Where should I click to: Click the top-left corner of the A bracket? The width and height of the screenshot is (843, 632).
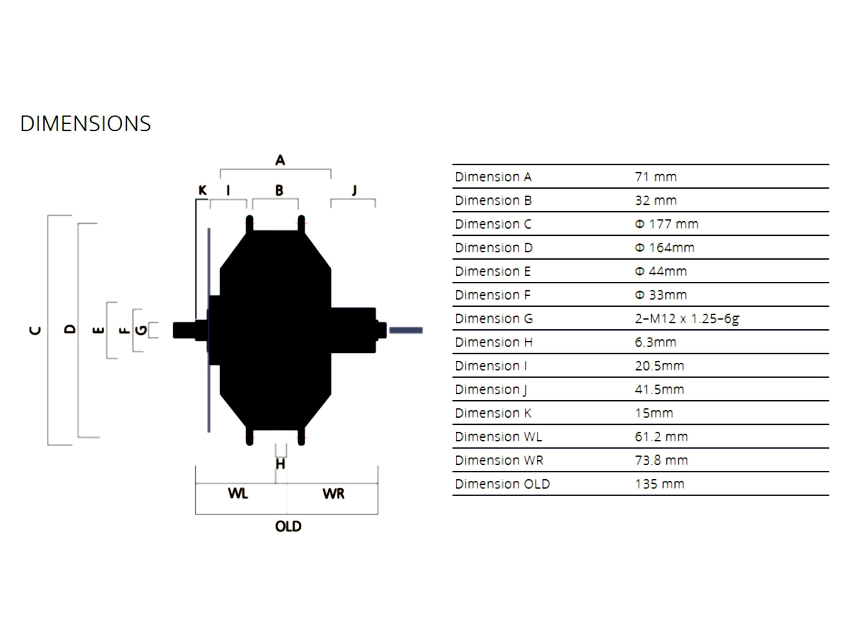220,169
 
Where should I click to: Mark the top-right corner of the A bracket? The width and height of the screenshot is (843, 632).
331,169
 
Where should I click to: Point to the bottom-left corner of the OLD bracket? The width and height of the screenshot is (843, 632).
195,514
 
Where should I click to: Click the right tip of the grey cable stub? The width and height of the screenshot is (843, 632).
423,330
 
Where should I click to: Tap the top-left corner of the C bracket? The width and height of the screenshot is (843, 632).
47,215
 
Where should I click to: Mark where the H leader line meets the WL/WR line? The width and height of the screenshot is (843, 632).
276,483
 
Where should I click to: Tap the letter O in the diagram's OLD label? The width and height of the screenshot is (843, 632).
280,526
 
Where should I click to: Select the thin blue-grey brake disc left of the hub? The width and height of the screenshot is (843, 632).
209,330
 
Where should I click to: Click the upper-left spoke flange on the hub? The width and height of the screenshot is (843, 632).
249,224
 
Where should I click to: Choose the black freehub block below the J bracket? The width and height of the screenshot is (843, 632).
354,330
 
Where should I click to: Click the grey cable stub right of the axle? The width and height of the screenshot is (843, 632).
406,330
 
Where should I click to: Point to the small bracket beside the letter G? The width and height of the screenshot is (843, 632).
153,330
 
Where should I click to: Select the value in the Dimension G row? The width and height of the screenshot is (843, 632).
687,319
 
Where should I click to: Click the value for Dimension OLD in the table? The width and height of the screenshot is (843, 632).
660,484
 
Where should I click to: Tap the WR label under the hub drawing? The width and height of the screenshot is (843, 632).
333,493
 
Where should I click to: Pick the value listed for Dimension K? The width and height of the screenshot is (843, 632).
654,413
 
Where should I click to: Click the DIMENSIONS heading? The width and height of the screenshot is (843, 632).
86,124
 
